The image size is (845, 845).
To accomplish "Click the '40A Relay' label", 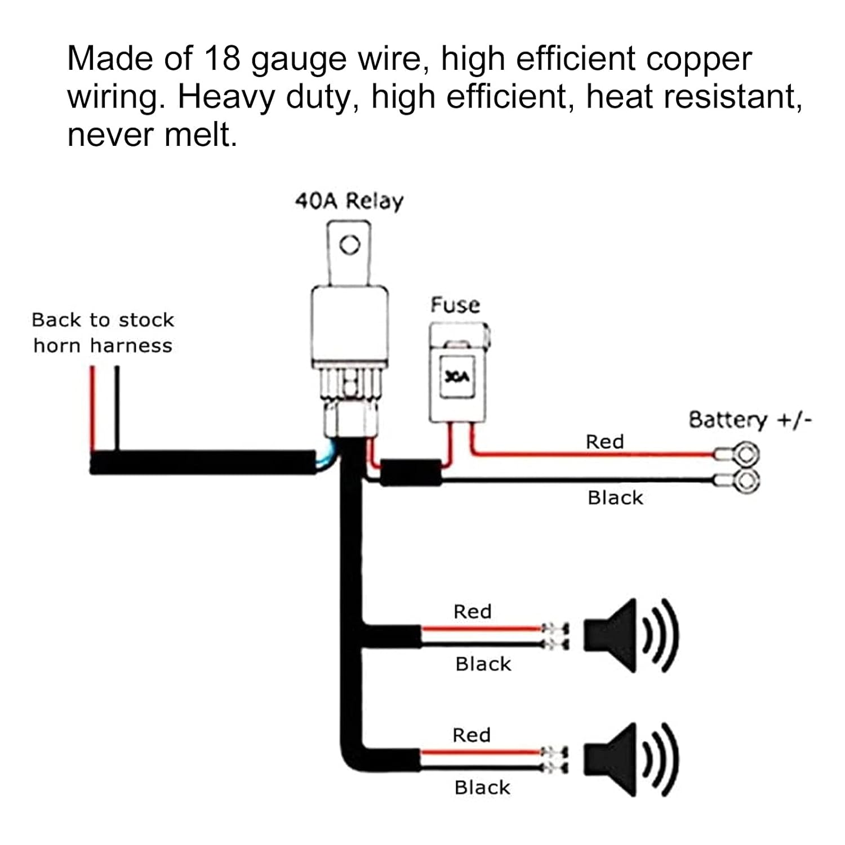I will click(x=349, y=201).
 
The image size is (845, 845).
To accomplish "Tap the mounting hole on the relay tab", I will click(x=350, y=244).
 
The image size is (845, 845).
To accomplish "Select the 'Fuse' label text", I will click(x=455, y=305).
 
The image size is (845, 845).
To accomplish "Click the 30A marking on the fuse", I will click(x=456, y=377).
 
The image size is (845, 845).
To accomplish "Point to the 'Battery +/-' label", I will click(x=750, y=420).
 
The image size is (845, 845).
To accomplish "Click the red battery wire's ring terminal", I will click(x=747, y=454).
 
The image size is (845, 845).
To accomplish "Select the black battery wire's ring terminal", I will click(x=747, y=481).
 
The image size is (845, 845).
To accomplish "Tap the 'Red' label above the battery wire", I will click(x=604, y=442).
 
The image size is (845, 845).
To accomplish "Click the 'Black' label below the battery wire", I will click(x=615, y=498).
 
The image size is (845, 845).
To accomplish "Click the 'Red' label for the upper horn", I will click(x=472, y=612).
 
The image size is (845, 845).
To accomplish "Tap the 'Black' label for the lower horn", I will click(x=482, y=788).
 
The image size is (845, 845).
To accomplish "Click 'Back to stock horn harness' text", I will click(x=103, y=333).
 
